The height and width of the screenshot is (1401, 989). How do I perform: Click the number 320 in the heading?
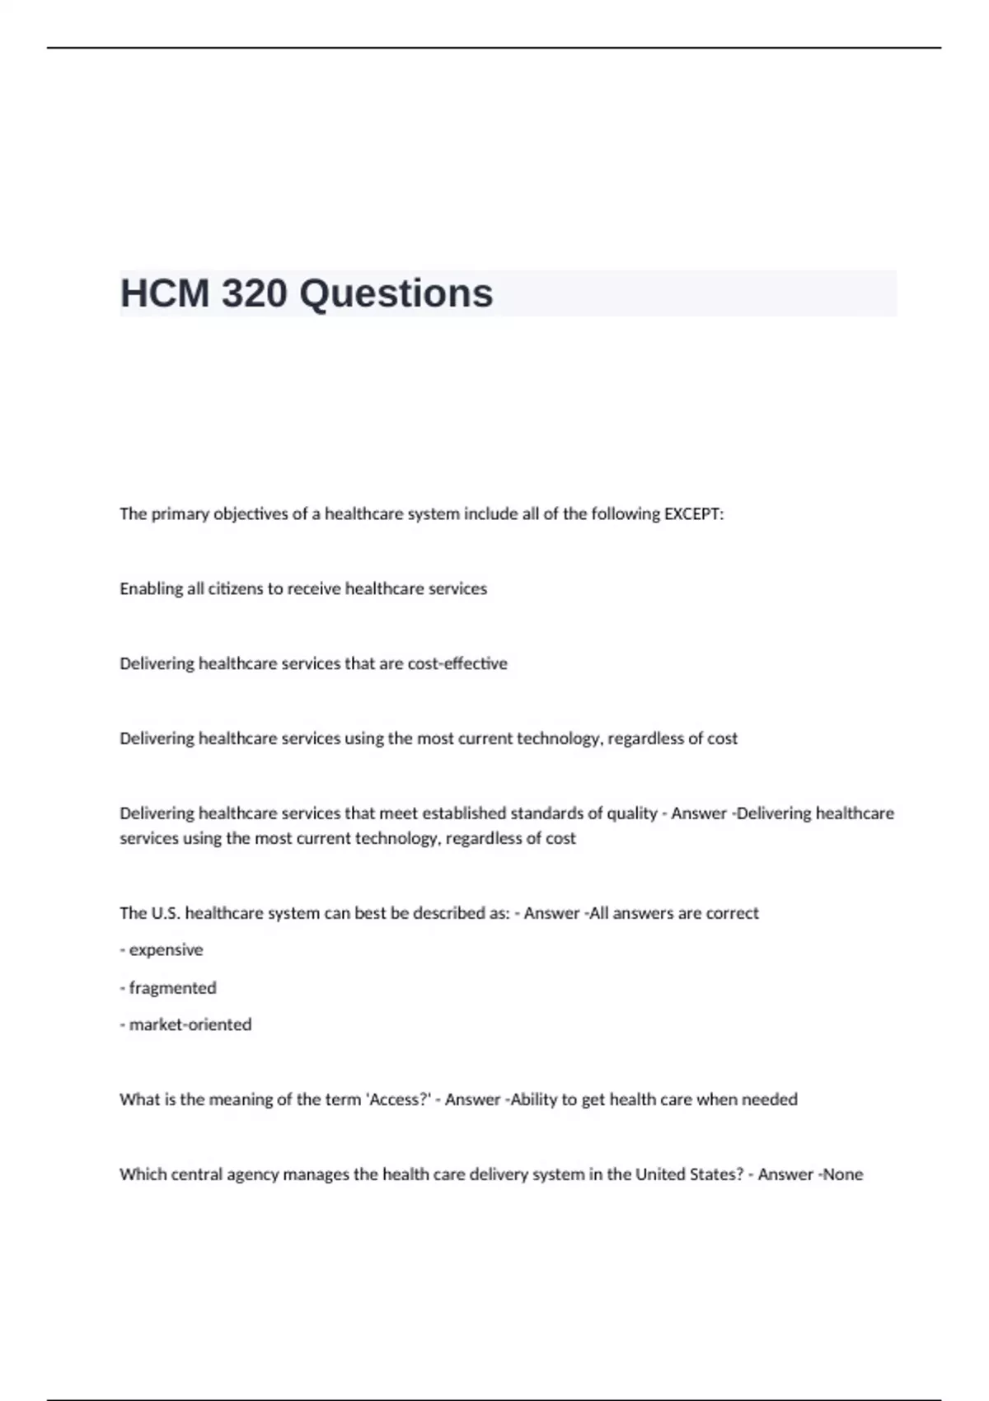tap(254, 293)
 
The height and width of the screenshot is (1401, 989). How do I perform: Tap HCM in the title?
tap(165, 293)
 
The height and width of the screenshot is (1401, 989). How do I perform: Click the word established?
tap(464, 813)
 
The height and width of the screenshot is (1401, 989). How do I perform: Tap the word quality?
tap(631, 813)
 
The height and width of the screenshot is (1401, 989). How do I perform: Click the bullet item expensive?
tap(166, 950)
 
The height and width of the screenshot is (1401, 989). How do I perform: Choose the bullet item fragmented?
tap(172, 987)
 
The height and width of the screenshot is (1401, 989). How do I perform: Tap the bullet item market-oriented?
tap(190, 1024)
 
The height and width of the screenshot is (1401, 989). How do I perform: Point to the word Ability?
tap(534, 1099)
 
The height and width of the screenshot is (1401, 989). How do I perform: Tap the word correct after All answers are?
tap(729, 913)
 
